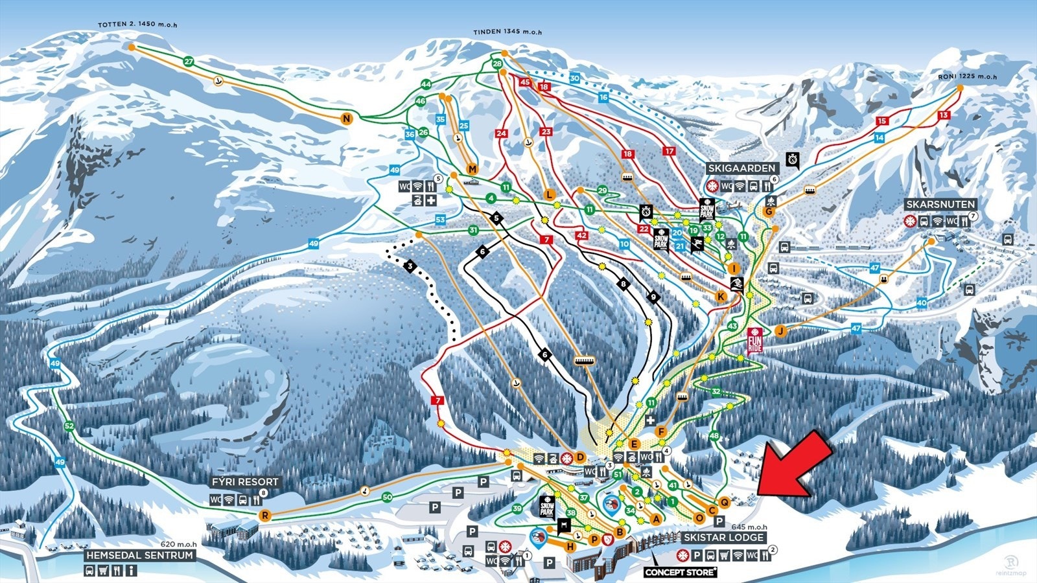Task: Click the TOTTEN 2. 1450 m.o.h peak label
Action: tap(137, 25)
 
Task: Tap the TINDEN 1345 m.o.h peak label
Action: tap(507, 32)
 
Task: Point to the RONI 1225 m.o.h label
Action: tap(967, 76)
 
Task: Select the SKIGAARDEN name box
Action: tap(741, 168)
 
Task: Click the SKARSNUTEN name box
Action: tap(940, 204)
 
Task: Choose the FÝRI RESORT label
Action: tap(245, 482)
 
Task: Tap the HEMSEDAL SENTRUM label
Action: tap(140, 555)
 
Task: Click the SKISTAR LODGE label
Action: tap(723, 538)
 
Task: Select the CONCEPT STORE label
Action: tap(681, 572)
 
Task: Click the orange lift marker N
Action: tap(347, 118)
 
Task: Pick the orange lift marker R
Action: tap(264, 516)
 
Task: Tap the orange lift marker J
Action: tap(781, 331)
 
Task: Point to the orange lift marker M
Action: tap(472, 169)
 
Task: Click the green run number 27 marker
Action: tap(189, 62)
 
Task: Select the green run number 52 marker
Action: tap(70, 426)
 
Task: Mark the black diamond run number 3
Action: tap(410, 266)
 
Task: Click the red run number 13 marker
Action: tap(944, 115)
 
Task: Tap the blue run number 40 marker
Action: tap(922, 303)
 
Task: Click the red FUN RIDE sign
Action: tap(755, 340)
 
